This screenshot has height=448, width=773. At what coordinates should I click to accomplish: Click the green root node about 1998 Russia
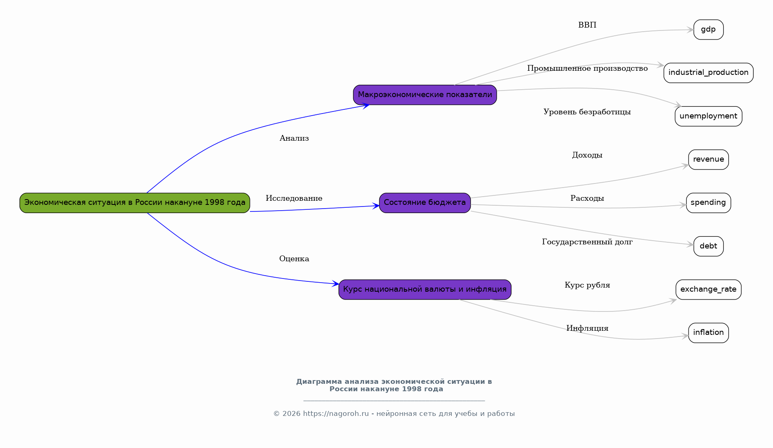click(x=135, y=203)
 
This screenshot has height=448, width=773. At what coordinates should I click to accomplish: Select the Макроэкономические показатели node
click(x=425, y=95)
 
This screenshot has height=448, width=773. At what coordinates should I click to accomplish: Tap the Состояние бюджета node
click(x=425, y=203)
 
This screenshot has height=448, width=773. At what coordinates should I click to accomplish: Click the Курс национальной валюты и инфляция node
click(x=425, y=290)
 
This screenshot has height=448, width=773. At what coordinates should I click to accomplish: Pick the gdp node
click(x=708, y=30)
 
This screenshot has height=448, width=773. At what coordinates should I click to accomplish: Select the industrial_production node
click(x=708, y=73)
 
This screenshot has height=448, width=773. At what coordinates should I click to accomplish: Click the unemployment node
click(x=708, y=116)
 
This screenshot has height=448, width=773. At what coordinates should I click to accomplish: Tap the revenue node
click(x=708, y=160)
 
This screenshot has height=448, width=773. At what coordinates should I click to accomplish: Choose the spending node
click(x=708, y=203)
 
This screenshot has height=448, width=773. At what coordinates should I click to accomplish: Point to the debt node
click(x=708, y=246)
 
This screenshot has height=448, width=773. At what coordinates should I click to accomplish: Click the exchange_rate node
click(x=708, y=290)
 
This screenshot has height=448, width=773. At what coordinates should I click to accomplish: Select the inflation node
click(x=708, y=333)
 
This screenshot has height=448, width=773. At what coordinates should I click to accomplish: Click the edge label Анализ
click(x=294, y=138)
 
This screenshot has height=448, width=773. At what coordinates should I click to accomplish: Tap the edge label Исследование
click(x=294, y=198)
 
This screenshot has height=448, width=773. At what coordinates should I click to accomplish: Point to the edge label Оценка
click(x=294, y=259)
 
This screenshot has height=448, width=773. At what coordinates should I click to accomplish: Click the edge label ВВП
click(x=587, y=25)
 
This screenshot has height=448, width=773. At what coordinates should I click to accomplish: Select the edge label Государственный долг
click(x=587, y=242)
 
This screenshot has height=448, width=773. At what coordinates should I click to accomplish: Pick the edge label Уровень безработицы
click(x=587, y=112)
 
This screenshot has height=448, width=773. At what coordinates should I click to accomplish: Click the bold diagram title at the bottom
click(x=394, y=385)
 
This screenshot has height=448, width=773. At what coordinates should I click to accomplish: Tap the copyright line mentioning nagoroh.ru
click(x=394, y=414)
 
